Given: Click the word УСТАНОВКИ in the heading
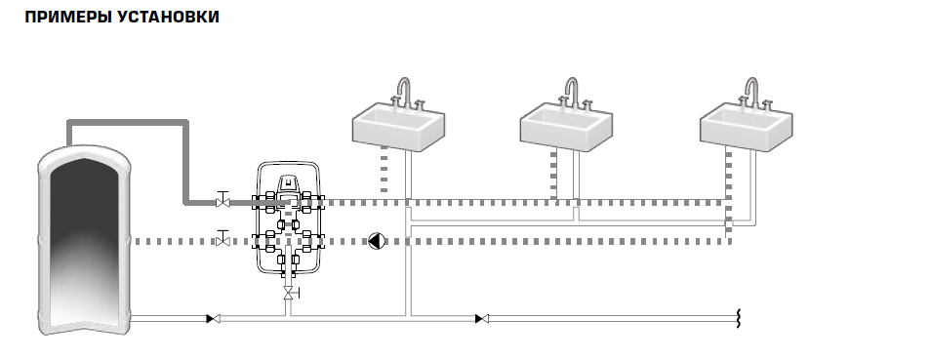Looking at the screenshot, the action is pos(169,17).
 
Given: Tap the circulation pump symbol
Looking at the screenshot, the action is pos(377,241).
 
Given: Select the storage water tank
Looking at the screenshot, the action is pos(84,239).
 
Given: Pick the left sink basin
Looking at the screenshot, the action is pos(398,127).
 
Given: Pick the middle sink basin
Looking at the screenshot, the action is pos(566,127).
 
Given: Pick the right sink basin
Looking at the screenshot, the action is pos(746,127).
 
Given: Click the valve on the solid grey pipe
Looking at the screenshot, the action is pos(223,200).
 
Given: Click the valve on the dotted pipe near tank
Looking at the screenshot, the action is pos(223,238).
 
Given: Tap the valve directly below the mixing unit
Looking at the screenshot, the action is pos(290,293).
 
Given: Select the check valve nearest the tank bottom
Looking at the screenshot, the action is pos(213,319).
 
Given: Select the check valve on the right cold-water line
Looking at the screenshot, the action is pos(482,319).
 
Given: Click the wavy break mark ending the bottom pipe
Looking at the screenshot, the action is pos(739,319).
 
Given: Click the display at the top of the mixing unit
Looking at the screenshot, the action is pos(288,182).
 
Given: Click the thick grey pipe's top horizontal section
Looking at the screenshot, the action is pos(128,122).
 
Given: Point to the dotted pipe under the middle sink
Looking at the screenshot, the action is pos(553,174).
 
